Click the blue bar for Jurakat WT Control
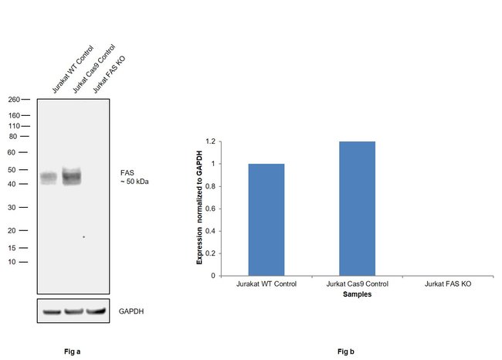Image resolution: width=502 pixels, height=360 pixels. click(x=266, y=219)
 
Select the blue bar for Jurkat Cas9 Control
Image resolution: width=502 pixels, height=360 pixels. click(x=357, y=209)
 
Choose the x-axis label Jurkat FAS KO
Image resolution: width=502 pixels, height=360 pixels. click(x=448, y=284)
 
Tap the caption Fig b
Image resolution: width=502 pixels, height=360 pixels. click(x=346, y=352)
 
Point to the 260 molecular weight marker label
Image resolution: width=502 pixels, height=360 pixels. click(x=14, y=100)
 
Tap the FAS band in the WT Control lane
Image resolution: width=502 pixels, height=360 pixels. click(x=49, y=178)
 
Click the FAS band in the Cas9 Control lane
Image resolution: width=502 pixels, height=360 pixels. click(x=72, y=176)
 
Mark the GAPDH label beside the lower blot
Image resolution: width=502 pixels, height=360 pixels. click(x=131, y=311)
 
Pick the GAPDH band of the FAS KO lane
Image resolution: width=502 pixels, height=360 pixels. click(x=95, y=311)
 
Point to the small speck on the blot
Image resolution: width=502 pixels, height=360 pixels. click(x=83, y=236)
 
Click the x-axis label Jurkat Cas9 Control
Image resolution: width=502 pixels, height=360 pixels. click(x=357, y=284)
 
